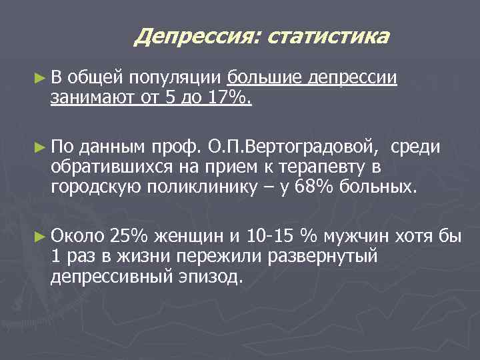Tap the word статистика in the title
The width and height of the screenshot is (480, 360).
327,37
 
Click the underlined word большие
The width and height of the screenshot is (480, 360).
265,79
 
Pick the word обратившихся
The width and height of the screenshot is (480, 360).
105,166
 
